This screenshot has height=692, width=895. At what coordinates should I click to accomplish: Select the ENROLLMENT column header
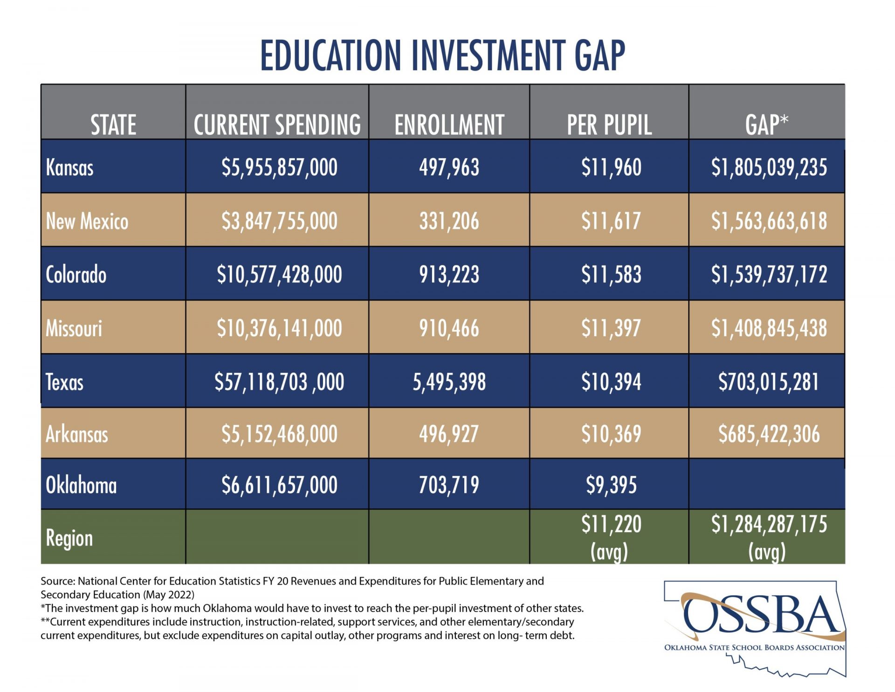point(449,125)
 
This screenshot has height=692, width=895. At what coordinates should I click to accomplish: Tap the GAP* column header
point(766,125)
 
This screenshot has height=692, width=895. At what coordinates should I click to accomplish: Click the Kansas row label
point(69,167)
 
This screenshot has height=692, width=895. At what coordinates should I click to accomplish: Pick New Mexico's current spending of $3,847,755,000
point(279,221)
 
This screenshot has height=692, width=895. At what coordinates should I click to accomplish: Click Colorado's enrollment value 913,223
point(449,275)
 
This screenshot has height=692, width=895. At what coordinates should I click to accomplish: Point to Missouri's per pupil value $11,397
point(611,328)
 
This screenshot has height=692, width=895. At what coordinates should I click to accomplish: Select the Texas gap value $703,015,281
point(768,382)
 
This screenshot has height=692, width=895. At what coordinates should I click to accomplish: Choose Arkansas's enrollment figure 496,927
point(449,434)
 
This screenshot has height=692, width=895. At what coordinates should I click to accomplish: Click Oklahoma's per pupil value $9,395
point(611,485)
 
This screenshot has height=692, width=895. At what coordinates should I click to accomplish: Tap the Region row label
point(69,539)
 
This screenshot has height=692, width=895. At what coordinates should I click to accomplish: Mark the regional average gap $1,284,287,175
point(769,524)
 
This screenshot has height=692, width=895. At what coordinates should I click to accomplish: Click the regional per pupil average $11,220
point(611,524)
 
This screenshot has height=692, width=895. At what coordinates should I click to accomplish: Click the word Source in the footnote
point(57,581)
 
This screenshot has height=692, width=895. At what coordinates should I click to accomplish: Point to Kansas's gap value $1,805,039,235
point(769,167)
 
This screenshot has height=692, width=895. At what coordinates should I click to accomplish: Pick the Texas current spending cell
point(279,382)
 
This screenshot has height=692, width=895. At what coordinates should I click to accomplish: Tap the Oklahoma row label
point(81,485)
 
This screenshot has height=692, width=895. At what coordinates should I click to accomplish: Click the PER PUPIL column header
point(609,125)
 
